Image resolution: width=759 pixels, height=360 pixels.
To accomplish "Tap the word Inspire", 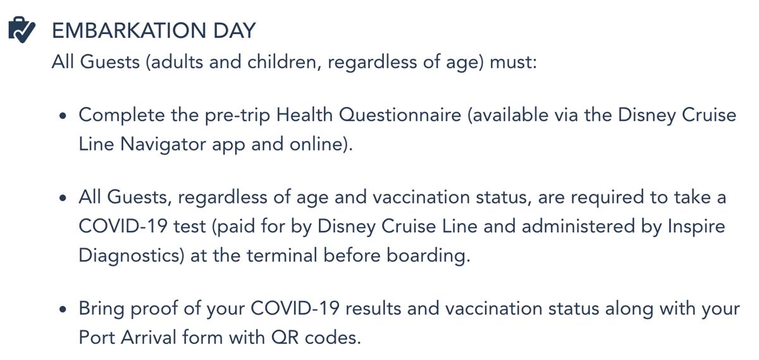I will pyautogui.click(x=695, y=227).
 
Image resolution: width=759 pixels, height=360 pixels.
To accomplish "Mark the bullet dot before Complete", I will pyautogui.click(x=62, y=117).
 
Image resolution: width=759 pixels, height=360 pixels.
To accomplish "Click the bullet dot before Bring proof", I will pyautogui.click(x=62, y=311).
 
